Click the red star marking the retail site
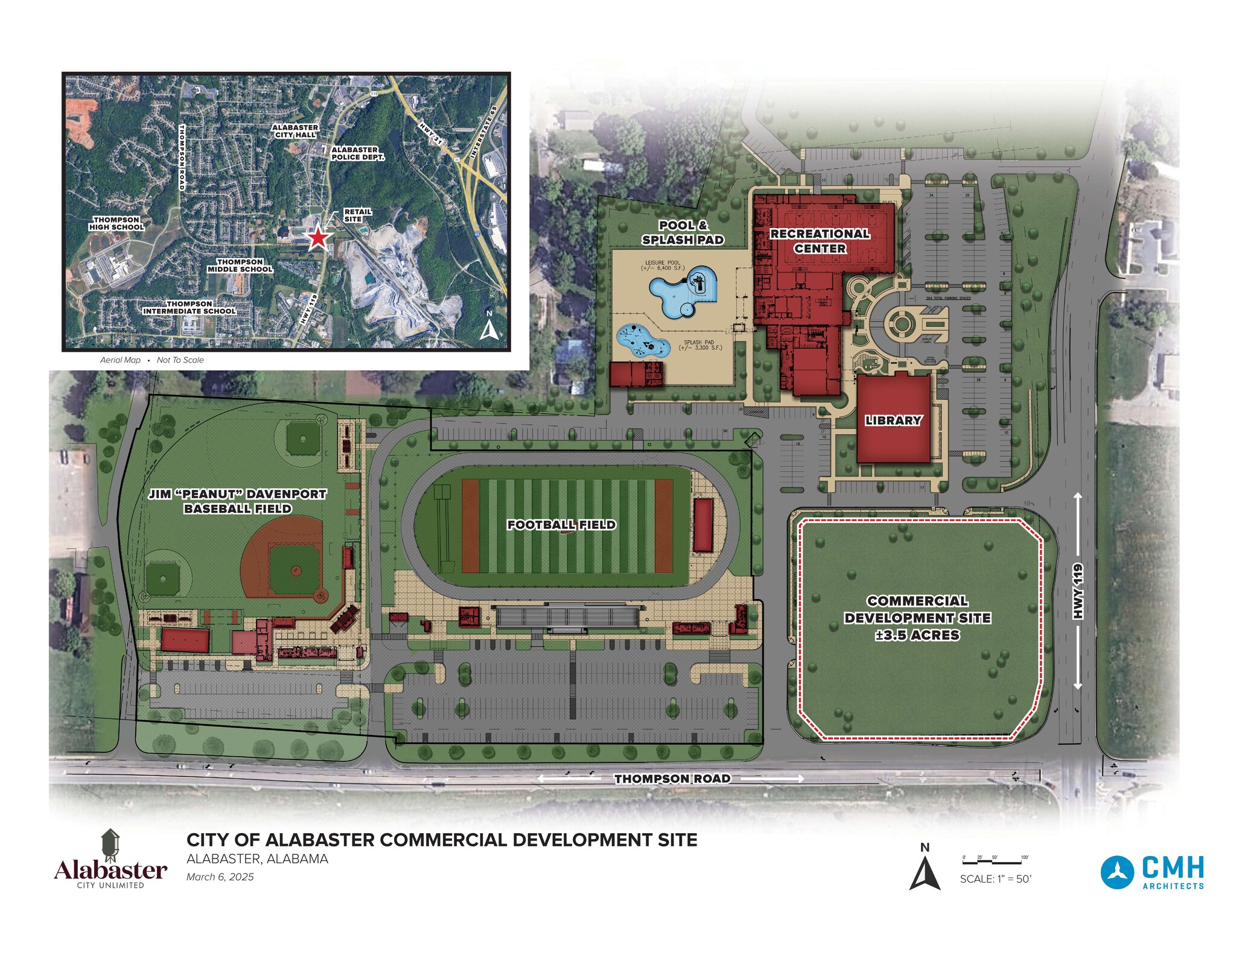point(318,238)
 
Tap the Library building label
point(893,420)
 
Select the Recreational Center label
point(820,241)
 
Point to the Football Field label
point(561,524)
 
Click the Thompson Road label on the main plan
point(672,778)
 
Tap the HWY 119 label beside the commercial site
point(1078,591)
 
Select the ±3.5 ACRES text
point(917,635)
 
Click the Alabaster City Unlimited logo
point(110,859)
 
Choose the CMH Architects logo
point(1152,872)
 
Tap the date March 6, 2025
point(220,877)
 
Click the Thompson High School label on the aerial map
point(116,223)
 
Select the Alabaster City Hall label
point(295,131)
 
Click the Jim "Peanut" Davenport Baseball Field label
point(238,501)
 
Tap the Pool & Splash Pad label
point(683,232)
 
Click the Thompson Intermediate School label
point(189,307)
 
